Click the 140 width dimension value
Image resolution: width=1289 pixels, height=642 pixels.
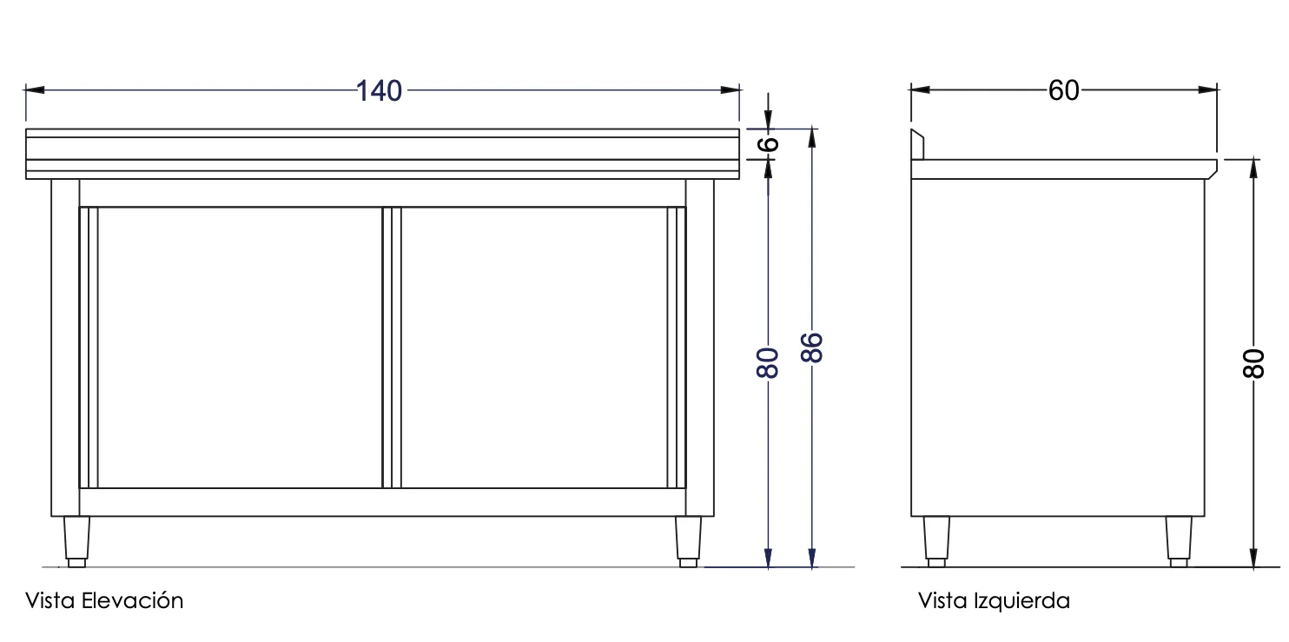[x=379, y=91]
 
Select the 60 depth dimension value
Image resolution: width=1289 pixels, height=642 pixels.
[x=1063, y=90]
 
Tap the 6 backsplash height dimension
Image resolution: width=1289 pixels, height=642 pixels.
[x=768, y=144]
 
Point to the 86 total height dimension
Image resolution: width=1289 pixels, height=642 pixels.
[x=812, y=347]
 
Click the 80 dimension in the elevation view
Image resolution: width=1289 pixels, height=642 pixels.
[x=768, y=363]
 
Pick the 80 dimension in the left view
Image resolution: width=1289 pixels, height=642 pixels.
[x=1254, y=363]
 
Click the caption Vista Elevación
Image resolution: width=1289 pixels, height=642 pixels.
[x=104, y=600]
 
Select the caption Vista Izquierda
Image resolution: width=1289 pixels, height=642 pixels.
[x=994, y=600]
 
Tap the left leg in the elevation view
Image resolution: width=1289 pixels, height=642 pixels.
[x=76, y=542]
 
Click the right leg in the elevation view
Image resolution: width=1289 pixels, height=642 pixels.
[x=688, y=542]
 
